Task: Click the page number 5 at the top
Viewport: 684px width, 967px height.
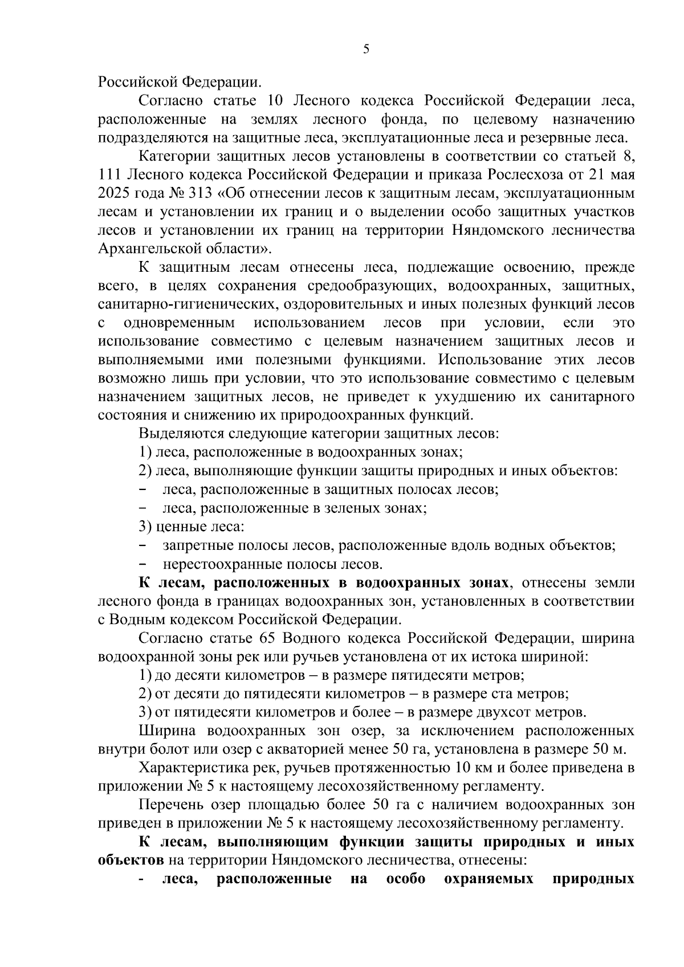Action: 366,50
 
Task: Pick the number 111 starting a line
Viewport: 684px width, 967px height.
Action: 108,174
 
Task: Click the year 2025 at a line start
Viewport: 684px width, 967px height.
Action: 112,193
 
